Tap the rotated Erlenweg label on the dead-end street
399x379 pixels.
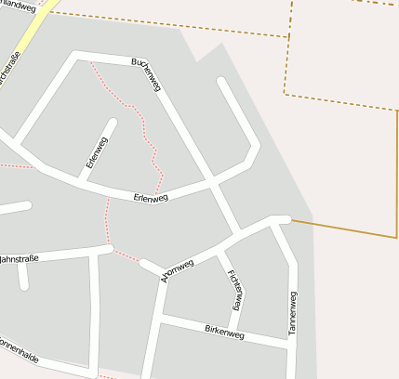click(97, 152)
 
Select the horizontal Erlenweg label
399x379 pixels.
click(151, 198)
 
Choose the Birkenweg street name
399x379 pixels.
click(223, 332)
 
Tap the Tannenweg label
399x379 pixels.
click(293, 313)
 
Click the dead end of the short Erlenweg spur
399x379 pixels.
click(113, 122)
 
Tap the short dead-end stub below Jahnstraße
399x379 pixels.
click(24, 283)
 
